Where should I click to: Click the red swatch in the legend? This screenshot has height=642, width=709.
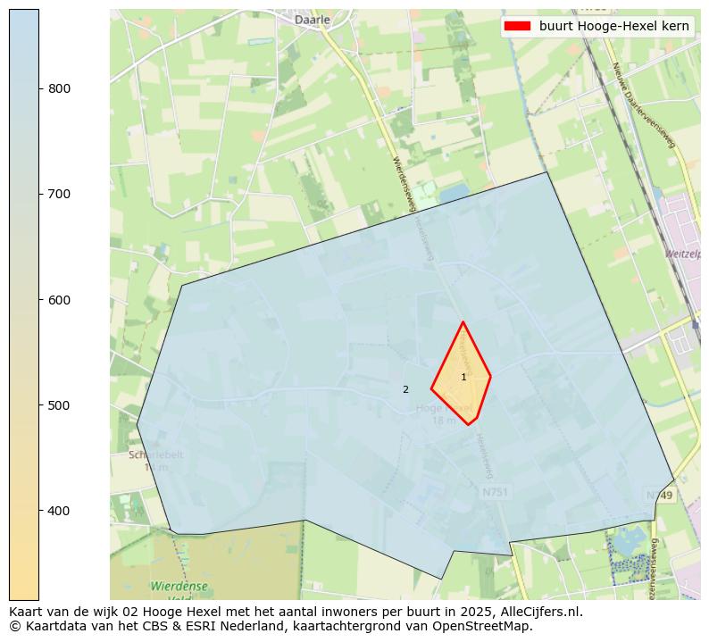coord(518,26)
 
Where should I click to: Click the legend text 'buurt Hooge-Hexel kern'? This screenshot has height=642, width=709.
coord(613,26)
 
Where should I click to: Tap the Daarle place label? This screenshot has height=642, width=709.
coord(313,19)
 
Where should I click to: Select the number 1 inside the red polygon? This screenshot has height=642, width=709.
coord(463,378)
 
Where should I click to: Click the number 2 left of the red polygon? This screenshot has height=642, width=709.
coord(405,389)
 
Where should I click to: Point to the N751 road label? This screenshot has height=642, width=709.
coord(495,492)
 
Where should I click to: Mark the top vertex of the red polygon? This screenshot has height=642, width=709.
coord(463,321)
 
